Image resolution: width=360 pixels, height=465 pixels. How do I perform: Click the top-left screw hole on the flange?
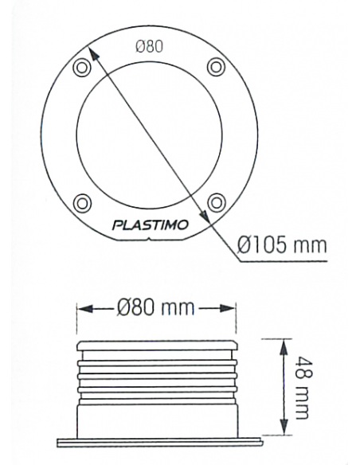tap(80, 68)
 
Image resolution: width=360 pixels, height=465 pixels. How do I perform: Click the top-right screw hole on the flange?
tap(216, 67)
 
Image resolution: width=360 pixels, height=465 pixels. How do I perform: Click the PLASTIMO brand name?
tap(151, 225)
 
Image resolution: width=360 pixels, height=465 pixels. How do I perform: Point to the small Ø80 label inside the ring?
tap(149, 46)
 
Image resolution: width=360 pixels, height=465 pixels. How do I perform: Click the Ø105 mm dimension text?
tap(283, 244)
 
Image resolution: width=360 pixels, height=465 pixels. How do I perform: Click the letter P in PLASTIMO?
tap(117, 225)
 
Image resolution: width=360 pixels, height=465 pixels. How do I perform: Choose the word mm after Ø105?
tap(310, 244)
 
